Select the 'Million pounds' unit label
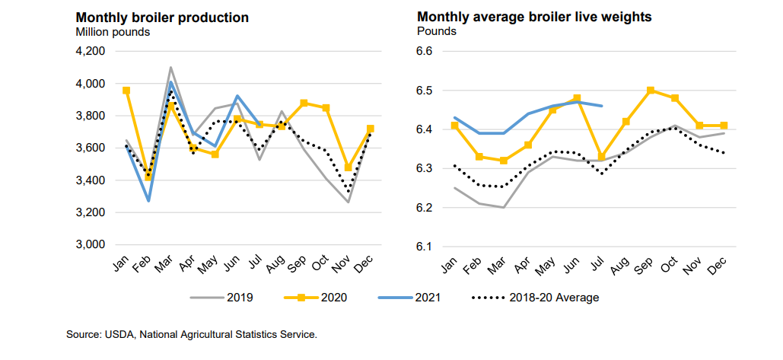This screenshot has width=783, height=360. point(112,32)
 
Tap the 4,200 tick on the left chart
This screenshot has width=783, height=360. point(90,51)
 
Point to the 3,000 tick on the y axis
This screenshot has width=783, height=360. point(90,244)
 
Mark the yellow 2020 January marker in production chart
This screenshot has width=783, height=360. point(126,90)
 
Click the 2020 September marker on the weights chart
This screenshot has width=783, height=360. point(651,90)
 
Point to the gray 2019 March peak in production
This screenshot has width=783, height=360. point(170,67)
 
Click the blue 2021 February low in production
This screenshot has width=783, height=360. point(148,201)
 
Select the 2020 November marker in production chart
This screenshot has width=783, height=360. point(349,167)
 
